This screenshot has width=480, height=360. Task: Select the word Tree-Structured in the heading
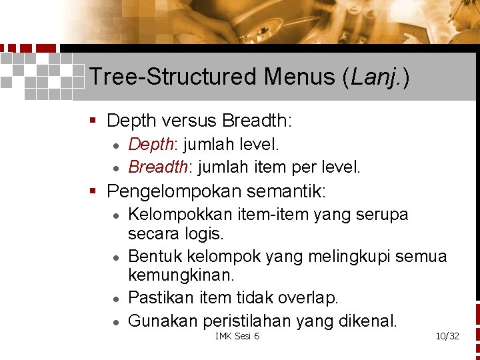tap(173, 77)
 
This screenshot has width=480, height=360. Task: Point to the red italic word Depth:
tap(151, 144)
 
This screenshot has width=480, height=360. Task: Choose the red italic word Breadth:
tap(157, 167)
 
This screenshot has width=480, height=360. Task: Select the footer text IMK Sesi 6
tap(237, 336)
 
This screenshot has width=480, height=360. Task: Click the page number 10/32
tap(447, 336)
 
